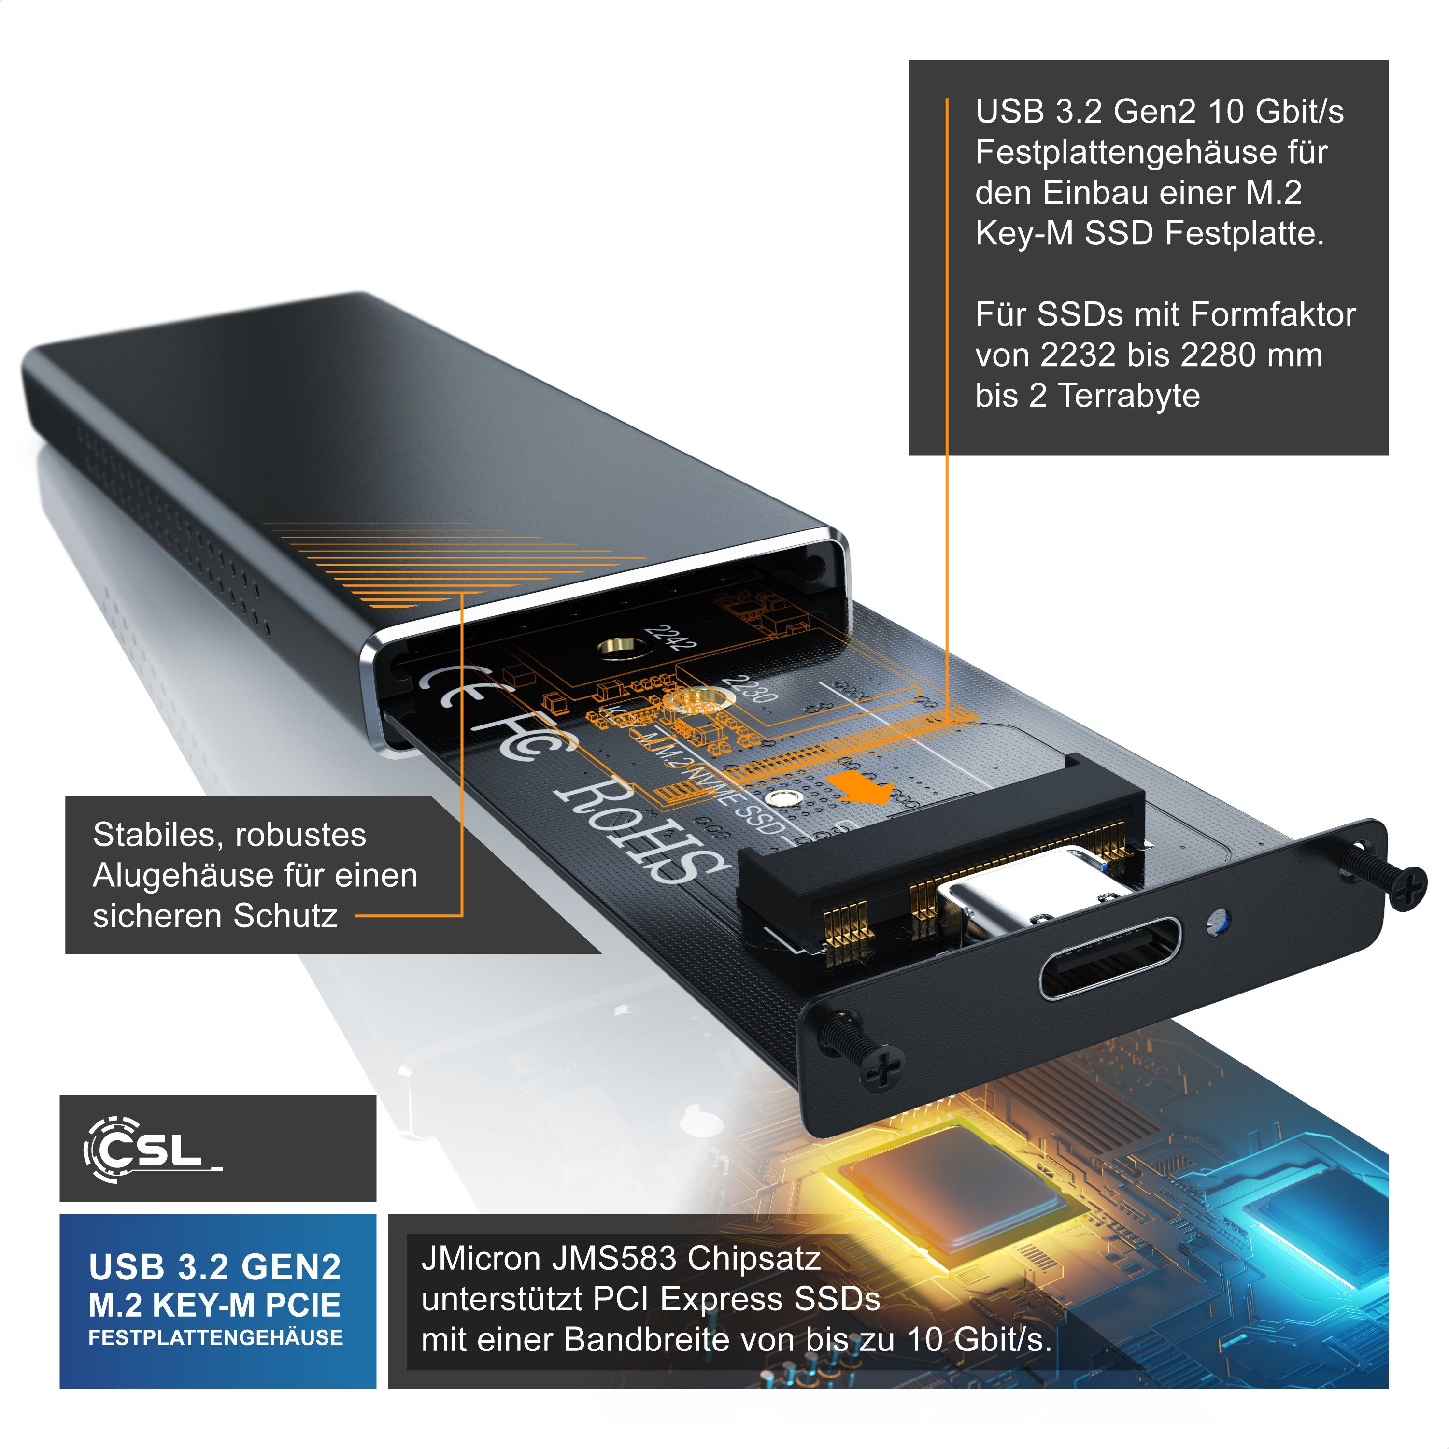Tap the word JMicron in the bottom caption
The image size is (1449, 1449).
tap(480, 1259)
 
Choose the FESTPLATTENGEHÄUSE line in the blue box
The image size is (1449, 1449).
tap(216, 1337)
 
